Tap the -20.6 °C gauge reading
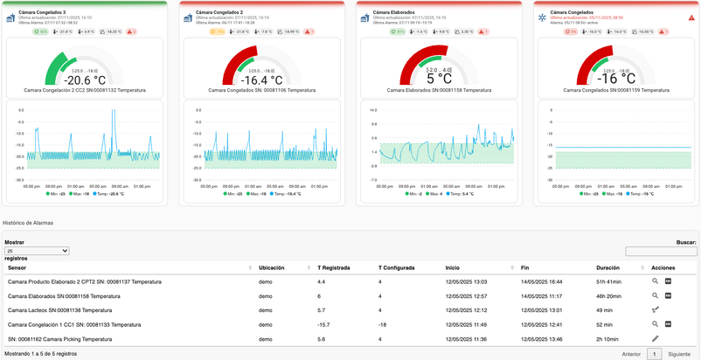point(85,79)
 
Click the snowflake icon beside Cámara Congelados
point(541,17)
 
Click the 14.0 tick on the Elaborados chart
point(373,111)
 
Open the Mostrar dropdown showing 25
point(37,251)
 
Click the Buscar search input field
point(662,251)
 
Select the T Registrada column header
point(334,267)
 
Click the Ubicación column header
point(271,267)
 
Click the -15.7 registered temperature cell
point(324,324)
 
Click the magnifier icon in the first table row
point(655,281)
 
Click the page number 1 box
point(655,354)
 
